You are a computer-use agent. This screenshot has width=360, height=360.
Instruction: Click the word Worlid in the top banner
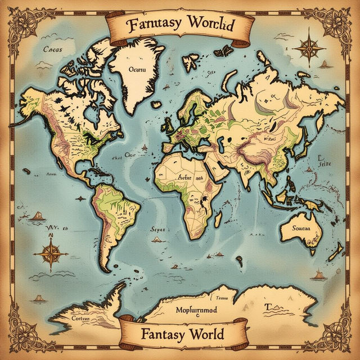212,25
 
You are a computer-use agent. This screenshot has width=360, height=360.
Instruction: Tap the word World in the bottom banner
201,334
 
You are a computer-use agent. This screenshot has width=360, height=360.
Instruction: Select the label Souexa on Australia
298,228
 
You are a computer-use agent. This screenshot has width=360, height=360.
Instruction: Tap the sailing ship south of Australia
319,274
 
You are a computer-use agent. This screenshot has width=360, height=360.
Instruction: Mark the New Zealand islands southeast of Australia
336,251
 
